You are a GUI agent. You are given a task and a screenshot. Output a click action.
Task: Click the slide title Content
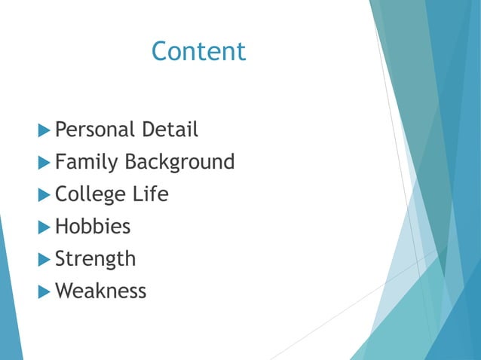[198, 51]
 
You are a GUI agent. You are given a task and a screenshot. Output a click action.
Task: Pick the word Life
[150, 194]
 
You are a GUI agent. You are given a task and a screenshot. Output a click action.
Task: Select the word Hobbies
[93, 226]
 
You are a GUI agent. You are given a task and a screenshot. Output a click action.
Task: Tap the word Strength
[96, 259]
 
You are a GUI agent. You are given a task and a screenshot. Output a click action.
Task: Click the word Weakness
[101, 291]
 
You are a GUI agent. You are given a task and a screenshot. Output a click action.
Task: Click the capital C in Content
[160, 51]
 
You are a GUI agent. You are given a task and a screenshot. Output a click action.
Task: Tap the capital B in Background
[130, 162]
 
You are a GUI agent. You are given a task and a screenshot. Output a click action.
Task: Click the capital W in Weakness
[66, 291]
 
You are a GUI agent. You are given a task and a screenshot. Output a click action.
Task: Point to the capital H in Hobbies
[62, 226]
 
